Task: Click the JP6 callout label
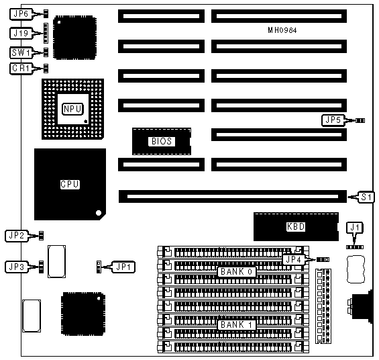coord(21,14)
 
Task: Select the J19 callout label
coord(21,33)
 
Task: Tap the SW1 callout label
coord(21,52)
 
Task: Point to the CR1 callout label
coord(21,69)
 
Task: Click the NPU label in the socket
coord(72,109)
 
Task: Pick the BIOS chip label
coord(162,141)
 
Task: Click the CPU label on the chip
coord(70,184)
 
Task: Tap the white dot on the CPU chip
coord(99,213)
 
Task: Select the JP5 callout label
coord(333,120)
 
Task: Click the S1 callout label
coord(366,197)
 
